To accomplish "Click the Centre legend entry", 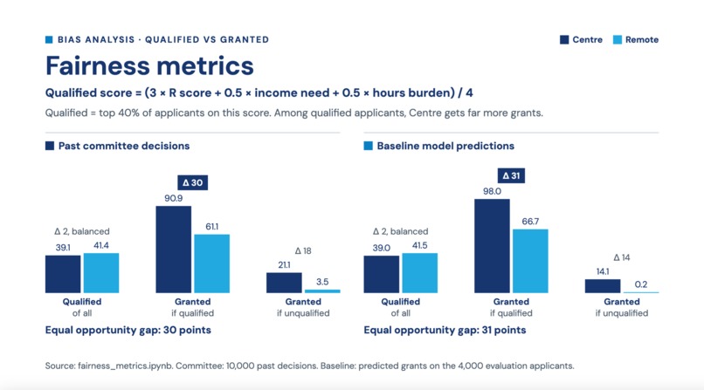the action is pos(581,40).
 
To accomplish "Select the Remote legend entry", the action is pos(636,40).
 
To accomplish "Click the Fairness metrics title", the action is pos(149,66).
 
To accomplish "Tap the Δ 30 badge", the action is pos(193,182).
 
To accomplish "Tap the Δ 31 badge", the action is pos(511,175).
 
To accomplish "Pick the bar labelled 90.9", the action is pos(173,250).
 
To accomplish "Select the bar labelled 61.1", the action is pos(212,263).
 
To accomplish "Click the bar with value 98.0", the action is pos(492,246).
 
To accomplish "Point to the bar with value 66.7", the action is pos(530,261).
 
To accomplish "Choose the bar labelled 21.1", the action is pos(284,283).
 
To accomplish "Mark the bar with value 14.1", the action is pos(603,286).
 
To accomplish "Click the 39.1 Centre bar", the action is pos(63,274).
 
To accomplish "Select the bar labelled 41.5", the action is pos(420,273).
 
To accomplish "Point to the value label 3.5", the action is pos(322,282).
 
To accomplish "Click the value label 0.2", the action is pos(641,284).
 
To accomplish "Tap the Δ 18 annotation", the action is pos(303,251).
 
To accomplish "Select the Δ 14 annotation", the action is pos(622,257).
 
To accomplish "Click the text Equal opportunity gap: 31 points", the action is pos(445,331).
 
